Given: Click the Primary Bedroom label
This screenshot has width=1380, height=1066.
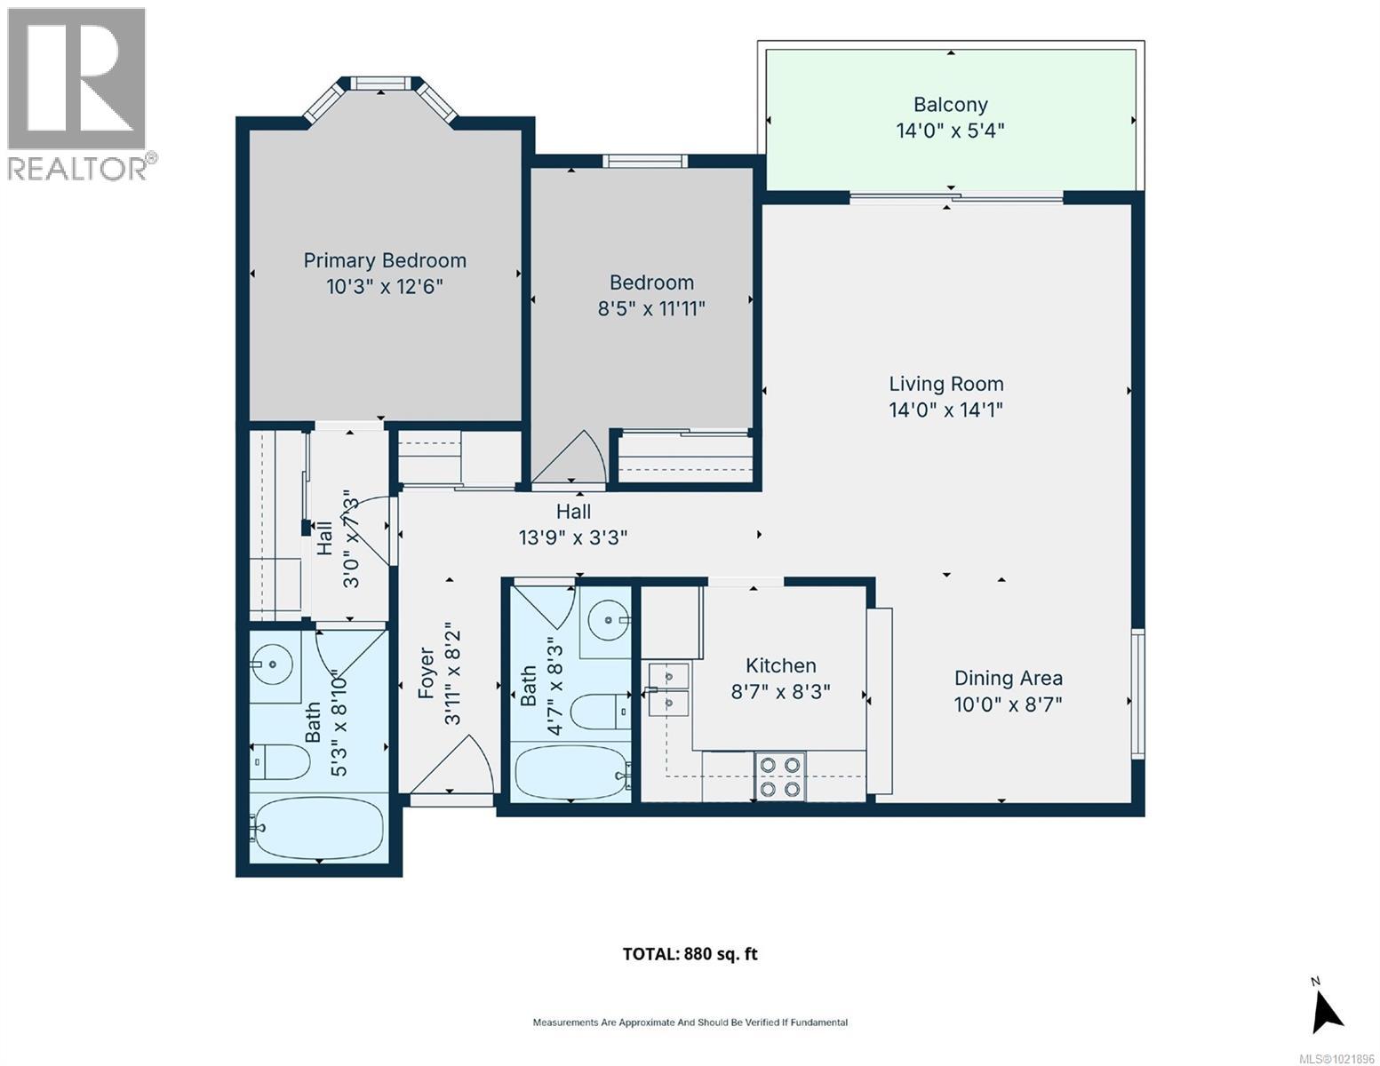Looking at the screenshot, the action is [384, 261].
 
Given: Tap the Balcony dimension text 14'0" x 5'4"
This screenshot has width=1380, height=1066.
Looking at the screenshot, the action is [949, 131].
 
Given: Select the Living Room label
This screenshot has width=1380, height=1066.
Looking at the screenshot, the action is [945, 384].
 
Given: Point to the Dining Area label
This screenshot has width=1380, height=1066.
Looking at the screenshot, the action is [1008, 678].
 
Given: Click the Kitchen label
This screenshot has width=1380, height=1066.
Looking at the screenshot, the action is [780, 665].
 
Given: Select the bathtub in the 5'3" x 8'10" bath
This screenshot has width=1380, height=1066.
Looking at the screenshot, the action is [317, 828].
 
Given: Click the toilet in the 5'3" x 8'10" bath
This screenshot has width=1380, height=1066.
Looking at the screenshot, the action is [279, 761].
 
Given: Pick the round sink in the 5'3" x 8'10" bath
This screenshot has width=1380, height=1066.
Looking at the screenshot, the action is [271, 664].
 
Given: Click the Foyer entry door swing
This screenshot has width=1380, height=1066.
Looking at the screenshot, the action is [451, 764].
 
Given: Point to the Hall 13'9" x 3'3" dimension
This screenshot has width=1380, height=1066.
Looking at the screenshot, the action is [573, 537].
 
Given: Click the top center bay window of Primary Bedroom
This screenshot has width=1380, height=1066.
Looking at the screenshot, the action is [380, 84].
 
